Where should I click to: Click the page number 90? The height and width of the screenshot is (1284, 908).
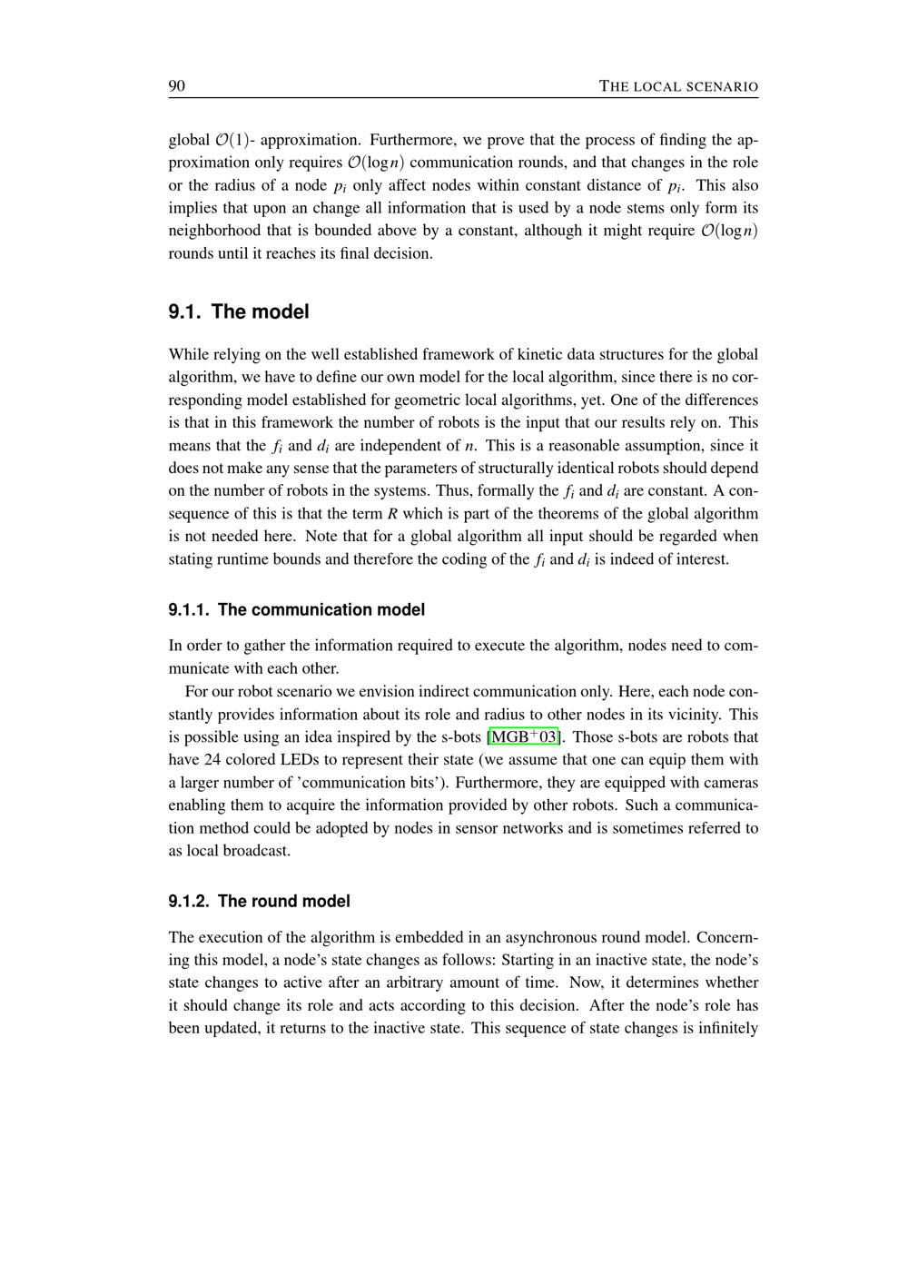[177, 86]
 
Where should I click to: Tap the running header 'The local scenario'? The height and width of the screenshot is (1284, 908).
[678, 87]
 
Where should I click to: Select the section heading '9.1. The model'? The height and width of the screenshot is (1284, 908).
[239, 311]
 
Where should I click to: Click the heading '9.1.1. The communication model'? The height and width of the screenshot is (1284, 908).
[296, 609]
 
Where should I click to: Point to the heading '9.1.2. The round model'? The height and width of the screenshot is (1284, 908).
[259, 901]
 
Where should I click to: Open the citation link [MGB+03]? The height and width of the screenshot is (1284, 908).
[524, 736]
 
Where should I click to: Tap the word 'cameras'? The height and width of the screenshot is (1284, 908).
[731, 782]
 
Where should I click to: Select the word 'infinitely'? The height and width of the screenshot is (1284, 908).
[725, 1028]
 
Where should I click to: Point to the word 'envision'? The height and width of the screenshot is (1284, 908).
[386, 691]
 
